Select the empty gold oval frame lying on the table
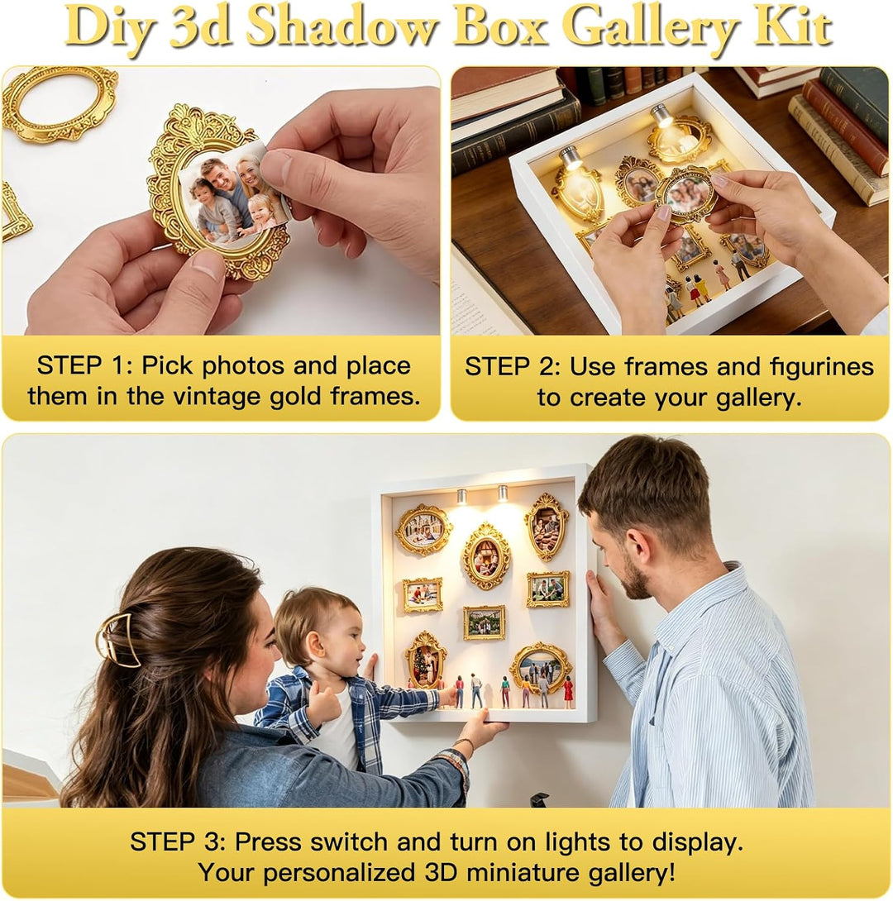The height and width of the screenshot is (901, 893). (60, 102)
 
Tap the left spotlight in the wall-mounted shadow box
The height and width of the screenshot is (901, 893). (462, 496)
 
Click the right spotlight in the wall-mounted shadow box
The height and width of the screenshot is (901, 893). (503, 493)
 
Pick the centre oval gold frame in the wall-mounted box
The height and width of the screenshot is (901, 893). (486, 555)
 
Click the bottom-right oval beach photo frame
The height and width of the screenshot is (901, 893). (540, 669)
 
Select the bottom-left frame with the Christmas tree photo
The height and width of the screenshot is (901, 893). (426, 660)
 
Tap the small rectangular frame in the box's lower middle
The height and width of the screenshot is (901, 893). (485, 622)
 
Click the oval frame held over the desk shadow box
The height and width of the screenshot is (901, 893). (685, 193)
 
